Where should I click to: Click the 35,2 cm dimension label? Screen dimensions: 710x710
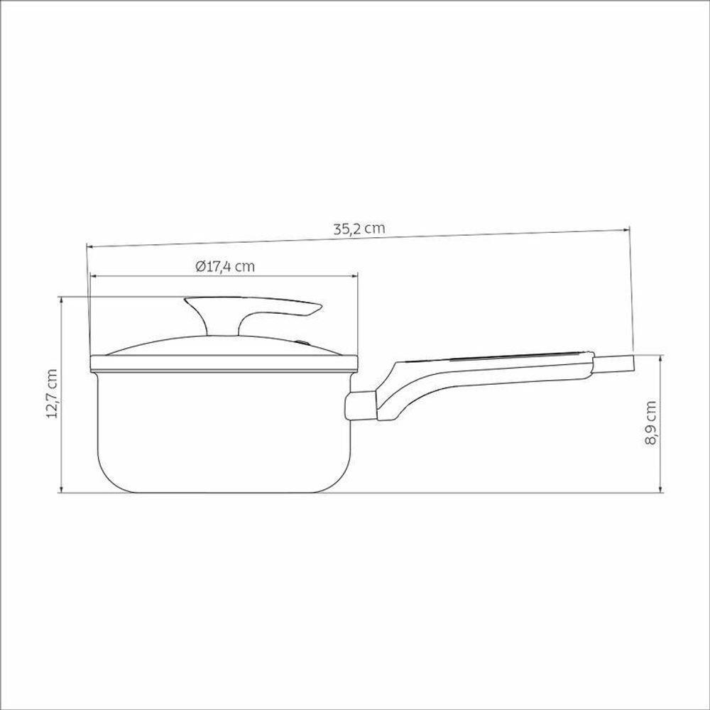(x=359, y=229)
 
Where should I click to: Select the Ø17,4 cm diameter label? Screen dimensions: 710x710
(x=224, y=267)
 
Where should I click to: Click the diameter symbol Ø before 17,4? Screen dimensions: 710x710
(x=199, y=267)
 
